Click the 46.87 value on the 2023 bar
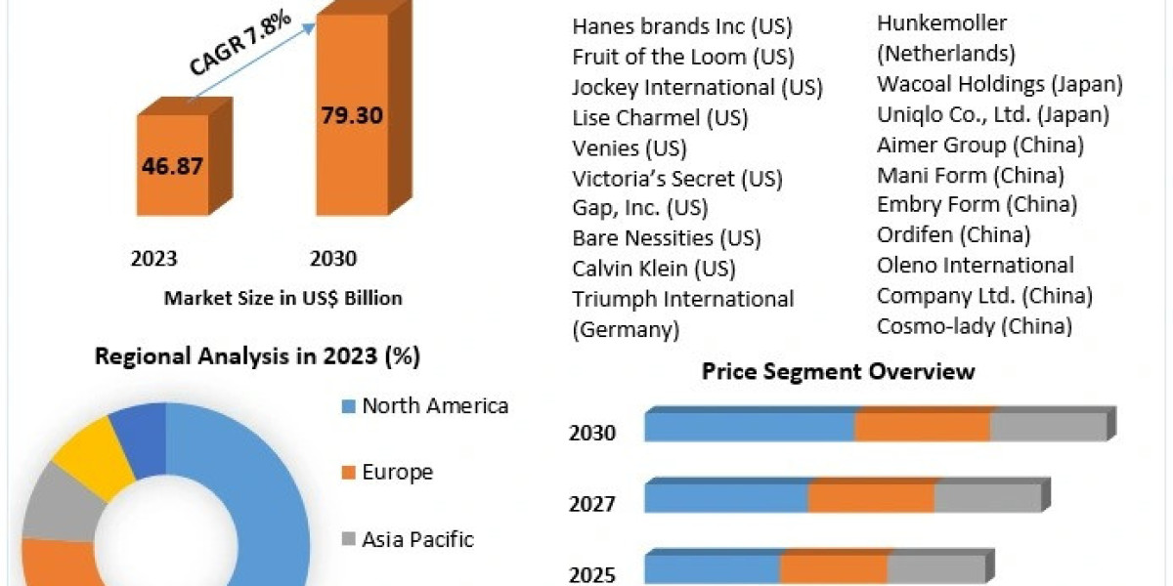pyautogui.click(x=172, y=165)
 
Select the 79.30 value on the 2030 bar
pyautogui.click(x=351, y=114)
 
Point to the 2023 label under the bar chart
pyautogui.click(x=154, y=259)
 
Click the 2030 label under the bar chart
pyautogui.click(x=333, y=259)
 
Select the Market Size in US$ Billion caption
pyautogui.click(x=282, y=298)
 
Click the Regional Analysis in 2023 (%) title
pyautogui.click(x=257, y=357)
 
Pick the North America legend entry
pyautogui.click(x=434, y=405)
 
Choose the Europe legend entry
pyautogui.click(x=397, y=473)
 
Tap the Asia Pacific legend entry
pyautogui.click(x=417, y=538)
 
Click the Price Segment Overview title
pyautogui.click(x=838, y=371)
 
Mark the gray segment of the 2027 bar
pyautogui.click(x=987, y=497)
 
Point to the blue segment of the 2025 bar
pyautogui.click(x=712, y=568)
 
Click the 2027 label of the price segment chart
pyautogui.click(x=592, y=504)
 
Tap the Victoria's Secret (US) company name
pyautogui.click(x=677, y=179)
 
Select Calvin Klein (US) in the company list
pyautogui.click(x=654, y=268)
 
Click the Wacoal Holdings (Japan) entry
pyautogui.click(x=1000, y=84)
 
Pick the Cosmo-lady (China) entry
pyautogui.click(x=975, y=325)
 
